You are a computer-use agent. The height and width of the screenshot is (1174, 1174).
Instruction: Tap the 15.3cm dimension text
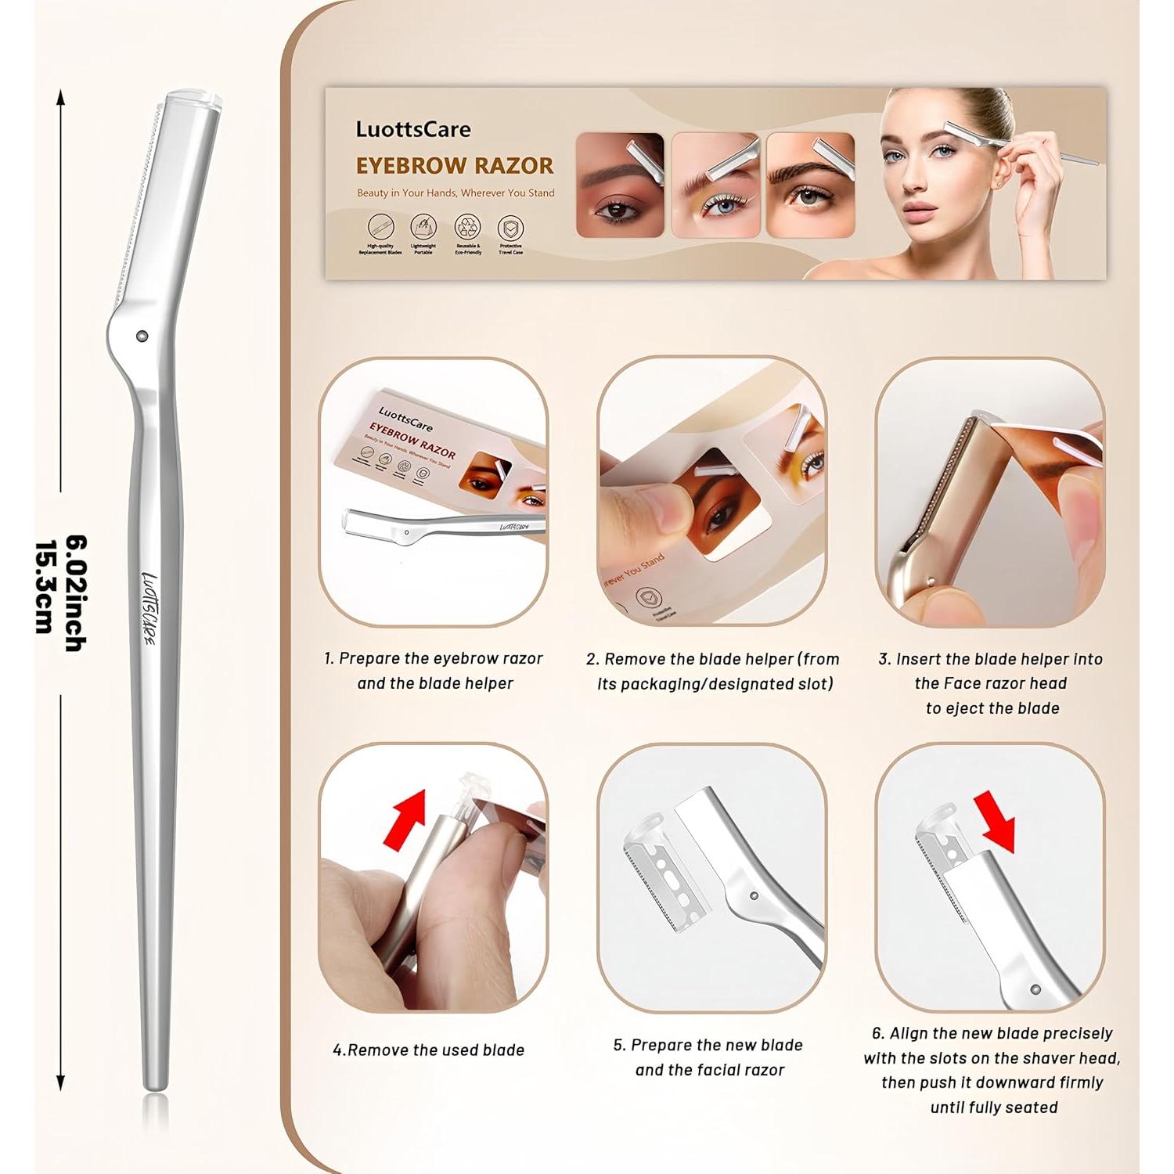coord(45,587)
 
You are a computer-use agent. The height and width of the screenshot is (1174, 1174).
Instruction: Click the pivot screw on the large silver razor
coord(142,335)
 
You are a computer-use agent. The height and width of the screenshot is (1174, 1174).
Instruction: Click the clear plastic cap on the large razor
coord(191,97)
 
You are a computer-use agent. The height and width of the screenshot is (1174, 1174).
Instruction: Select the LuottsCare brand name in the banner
coord(413,129)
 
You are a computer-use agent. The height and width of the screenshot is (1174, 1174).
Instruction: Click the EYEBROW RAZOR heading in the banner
coord(455,166)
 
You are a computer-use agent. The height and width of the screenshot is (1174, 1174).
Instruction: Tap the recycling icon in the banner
coord(467,227)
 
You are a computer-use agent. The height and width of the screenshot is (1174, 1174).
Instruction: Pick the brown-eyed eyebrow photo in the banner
coord(619,185)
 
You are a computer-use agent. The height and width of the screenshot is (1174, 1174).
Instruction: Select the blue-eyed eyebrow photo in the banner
coord(715,185)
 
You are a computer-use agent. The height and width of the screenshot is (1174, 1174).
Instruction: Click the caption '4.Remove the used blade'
coord(429,1050)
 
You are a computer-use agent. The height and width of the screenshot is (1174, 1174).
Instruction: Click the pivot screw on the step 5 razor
coord(753,896)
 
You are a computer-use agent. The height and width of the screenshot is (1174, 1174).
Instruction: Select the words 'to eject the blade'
coord(992,708)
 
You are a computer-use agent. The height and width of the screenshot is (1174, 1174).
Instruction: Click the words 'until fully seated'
coord(993,1107)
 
